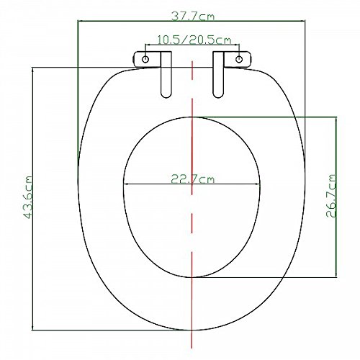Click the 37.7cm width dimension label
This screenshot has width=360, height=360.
192,12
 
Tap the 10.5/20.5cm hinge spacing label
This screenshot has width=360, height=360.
192,40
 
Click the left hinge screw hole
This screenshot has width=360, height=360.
146,58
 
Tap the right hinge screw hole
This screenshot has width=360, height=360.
239,58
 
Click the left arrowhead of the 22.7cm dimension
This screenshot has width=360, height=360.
127,184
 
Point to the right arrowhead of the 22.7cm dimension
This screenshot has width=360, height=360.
258,184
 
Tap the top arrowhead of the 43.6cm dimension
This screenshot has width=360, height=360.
34,69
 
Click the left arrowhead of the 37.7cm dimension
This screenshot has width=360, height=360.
79,21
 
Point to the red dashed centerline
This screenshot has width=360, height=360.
192,216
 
